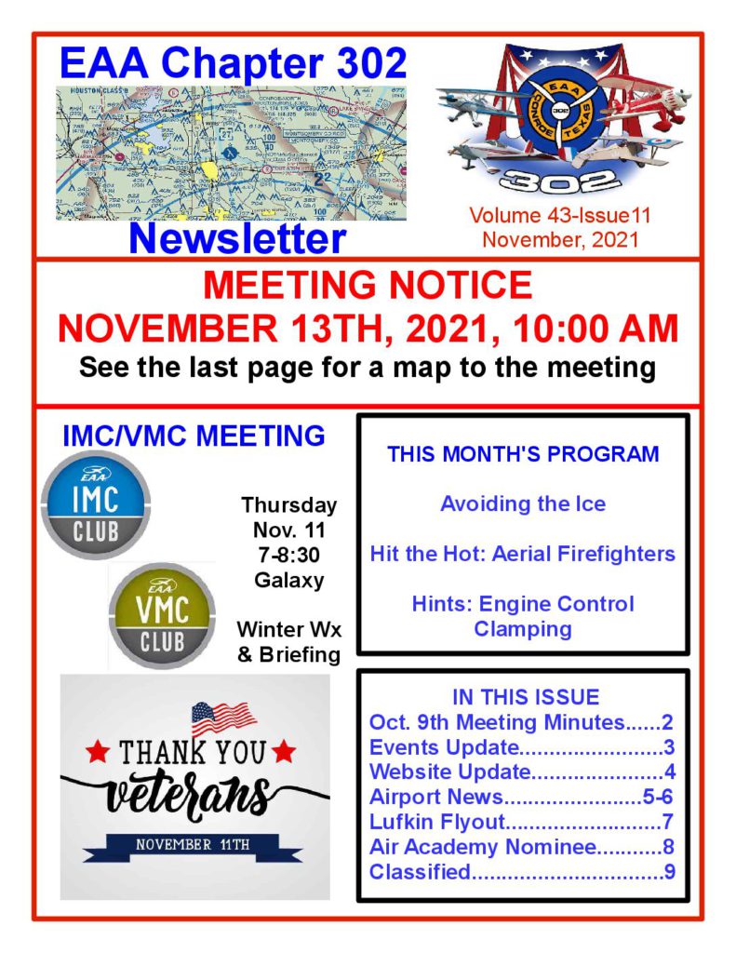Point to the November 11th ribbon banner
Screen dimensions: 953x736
193,845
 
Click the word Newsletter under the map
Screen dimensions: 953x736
237,238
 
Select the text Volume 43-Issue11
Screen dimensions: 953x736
559,216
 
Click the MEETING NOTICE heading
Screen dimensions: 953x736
368,284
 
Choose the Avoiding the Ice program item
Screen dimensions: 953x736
522,504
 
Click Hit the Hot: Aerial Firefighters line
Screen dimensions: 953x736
522,554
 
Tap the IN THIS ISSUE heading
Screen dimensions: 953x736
525,697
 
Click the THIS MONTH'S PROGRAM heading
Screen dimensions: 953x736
523,455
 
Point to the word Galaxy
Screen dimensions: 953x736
289,581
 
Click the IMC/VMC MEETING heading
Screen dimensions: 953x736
194,435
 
